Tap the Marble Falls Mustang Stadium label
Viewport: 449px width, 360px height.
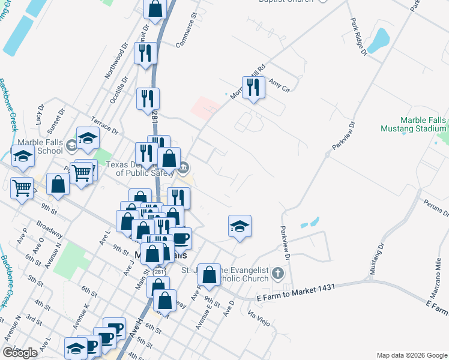[x=414, y=124]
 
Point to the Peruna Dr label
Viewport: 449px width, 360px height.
[x=436, y=208]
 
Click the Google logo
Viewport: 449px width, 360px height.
[x=20, y=353]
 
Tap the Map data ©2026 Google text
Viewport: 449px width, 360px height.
[x=411, y=355]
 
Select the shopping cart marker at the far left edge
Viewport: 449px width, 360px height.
[x=22, y=188]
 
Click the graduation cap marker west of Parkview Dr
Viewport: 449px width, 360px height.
[x=240, y=226]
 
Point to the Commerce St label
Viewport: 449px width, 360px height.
[x=187, y=31]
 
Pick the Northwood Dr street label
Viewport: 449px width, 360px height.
[x=116, y=61]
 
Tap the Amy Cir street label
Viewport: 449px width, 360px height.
[x=279, y=85]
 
